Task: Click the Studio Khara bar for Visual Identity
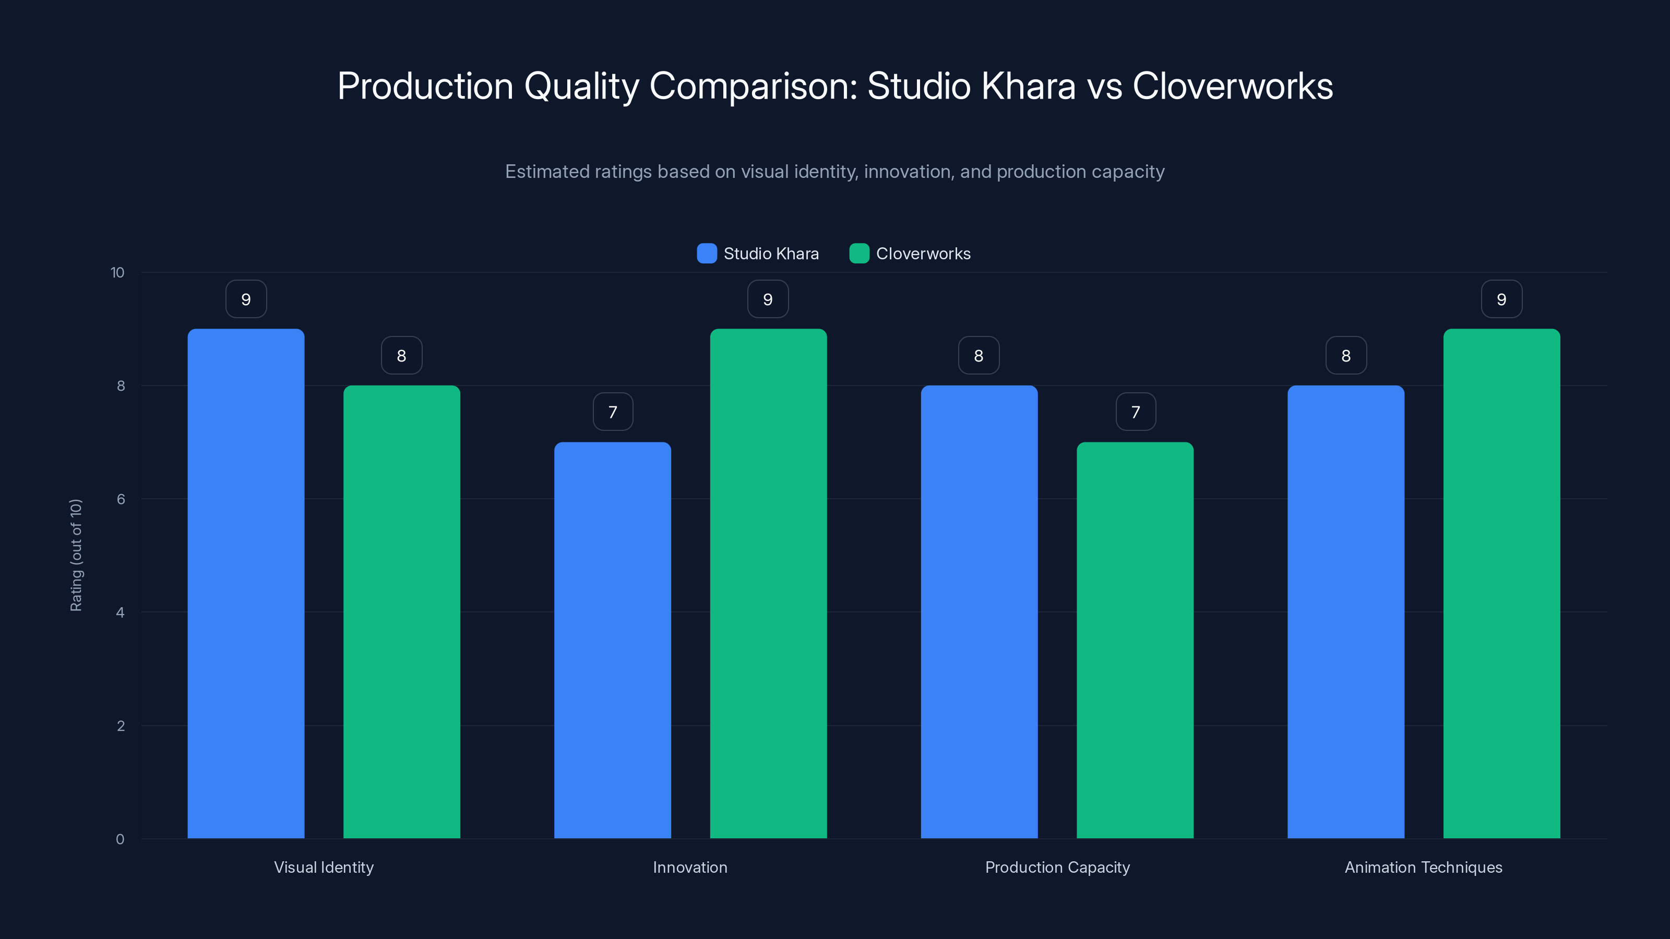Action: click(x=246, y=583)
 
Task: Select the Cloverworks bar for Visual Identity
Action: click(x=401, y=612)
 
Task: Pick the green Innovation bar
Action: click(x=768, y=583)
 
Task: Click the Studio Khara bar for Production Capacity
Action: click(x=979, y=612)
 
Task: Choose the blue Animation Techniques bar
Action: click(x=1345, y=612)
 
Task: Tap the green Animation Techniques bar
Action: click(x=1501, y=583)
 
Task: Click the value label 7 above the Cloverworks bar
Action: click(x=1135, y=412)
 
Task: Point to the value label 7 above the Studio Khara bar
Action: click(x=613, y=412)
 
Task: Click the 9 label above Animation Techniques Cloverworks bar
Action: click(x=1501, y=299)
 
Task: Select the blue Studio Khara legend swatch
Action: click(x=707, y=254)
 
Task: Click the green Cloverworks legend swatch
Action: click(x=859, y=254)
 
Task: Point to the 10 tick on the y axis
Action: click(x=117, y=273)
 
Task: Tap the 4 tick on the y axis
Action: click(x=120, y=612)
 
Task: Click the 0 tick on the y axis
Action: click(x=120, y=839)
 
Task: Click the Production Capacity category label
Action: click(x=1057, y=867)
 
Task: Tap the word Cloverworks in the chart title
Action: click(x=1232, y=86)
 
